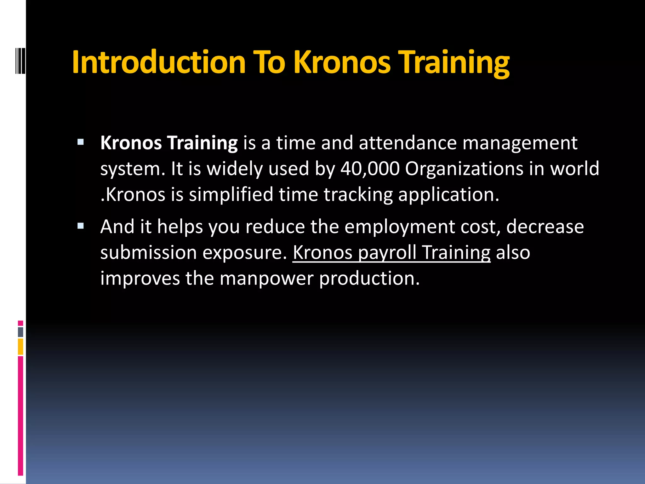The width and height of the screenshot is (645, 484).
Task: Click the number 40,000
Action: click(370, 169)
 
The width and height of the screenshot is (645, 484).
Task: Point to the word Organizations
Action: click(464, 169)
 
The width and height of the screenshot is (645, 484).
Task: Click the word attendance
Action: click(408, 143)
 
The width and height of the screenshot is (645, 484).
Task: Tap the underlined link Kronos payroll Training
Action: click(391, 252)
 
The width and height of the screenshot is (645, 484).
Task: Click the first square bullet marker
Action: click(81, 142)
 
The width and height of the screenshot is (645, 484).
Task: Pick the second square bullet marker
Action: click(81, 226)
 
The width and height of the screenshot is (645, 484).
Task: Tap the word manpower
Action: click(266, 279)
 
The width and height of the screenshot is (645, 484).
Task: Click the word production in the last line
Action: click(369, 279)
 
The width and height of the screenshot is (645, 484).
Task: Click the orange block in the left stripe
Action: click(20, 347)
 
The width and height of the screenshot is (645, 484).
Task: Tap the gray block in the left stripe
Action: click(20, 332)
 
